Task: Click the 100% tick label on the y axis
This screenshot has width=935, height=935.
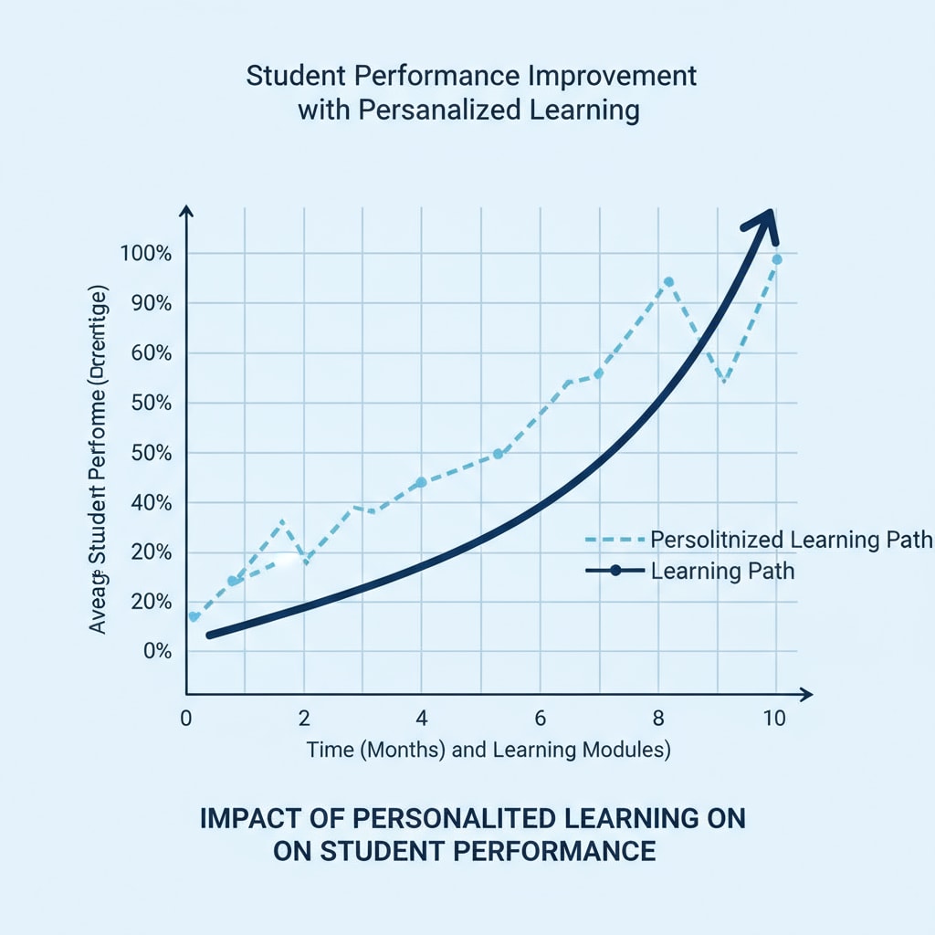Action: (x=145, y=253)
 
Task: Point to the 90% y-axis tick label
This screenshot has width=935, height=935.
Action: (x=149, y=303)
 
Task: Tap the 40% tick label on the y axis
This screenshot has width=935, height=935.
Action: (x=149, y=502)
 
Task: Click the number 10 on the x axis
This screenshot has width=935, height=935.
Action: (x=773, y=718)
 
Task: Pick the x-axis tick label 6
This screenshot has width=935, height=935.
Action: (x=540, y=718)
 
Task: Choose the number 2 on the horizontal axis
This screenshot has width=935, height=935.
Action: (x=303, y=718)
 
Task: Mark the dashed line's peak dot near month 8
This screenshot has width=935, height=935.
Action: (x=668, y=282)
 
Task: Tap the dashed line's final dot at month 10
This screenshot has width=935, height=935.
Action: (x=777, y=259)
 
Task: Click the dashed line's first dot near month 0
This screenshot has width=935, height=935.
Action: (x=194, y=616)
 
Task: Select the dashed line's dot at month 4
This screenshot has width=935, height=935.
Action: (x=421, y=482)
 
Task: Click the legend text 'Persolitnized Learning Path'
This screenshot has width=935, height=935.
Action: (x=792, y=540)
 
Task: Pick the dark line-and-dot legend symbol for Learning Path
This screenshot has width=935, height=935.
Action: (x=615, y=571)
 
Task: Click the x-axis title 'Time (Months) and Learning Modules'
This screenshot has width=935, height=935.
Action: (x=489, y=750)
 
